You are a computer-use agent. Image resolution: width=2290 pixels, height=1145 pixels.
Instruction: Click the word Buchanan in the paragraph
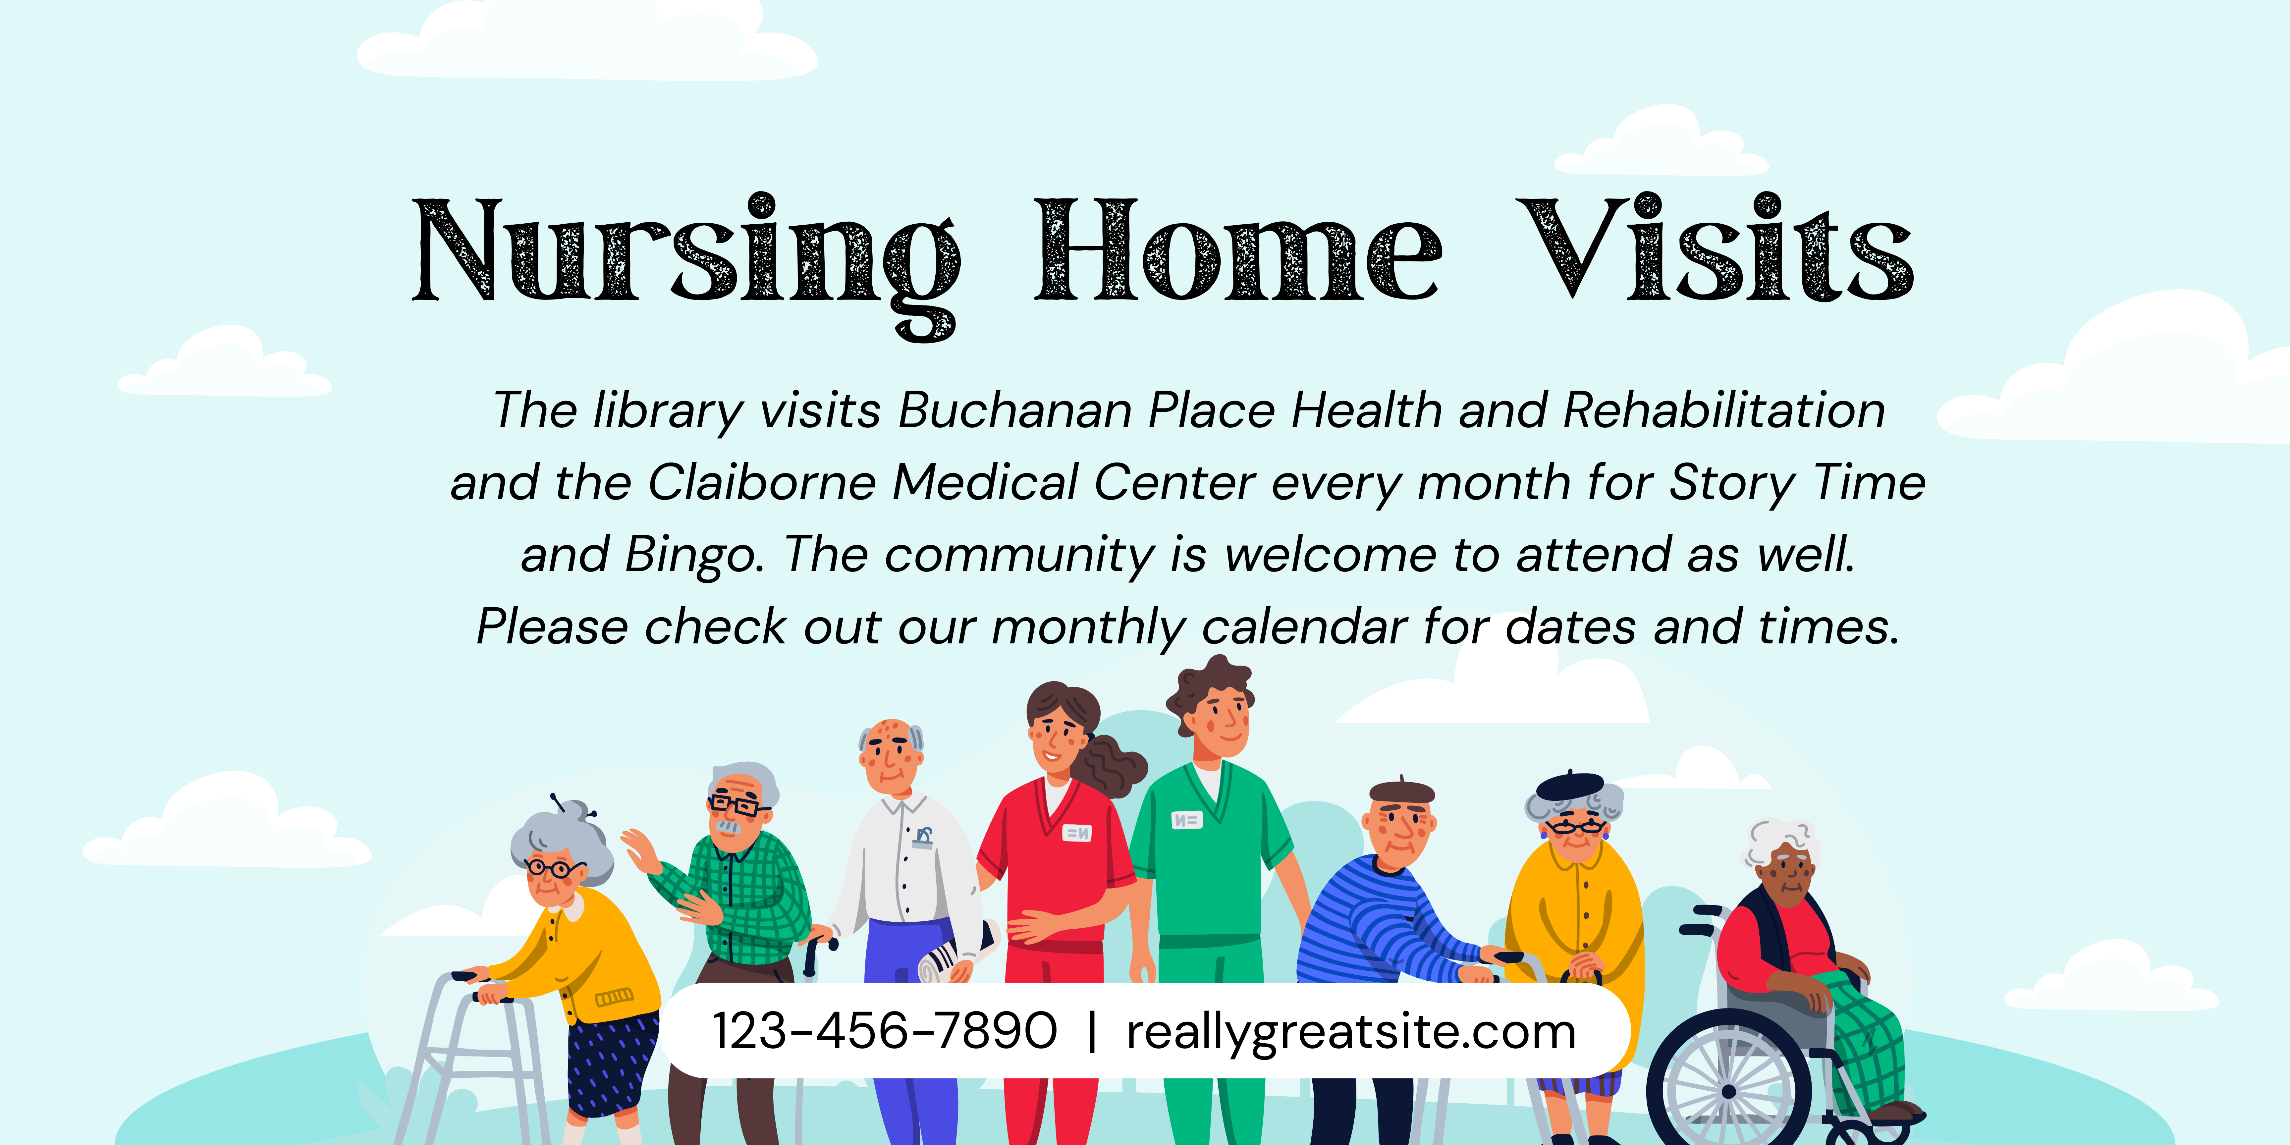(x=1014, y=411)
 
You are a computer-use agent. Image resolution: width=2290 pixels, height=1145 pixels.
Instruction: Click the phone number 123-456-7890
(x=885, y=1031)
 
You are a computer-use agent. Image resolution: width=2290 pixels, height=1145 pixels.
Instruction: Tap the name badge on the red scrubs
(x=1077, y=833)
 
